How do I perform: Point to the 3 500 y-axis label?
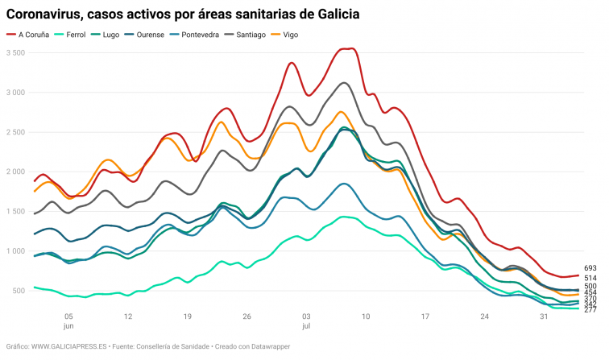tap(15, 53)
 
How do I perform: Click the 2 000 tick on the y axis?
tap(15, 172)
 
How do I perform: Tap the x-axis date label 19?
tap(187, 317)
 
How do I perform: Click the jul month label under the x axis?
tap(305, 326)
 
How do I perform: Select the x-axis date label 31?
tap(544, 317)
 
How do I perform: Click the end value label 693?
tap(590, 268)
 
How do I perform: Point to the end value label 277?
tap(590, 309)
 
